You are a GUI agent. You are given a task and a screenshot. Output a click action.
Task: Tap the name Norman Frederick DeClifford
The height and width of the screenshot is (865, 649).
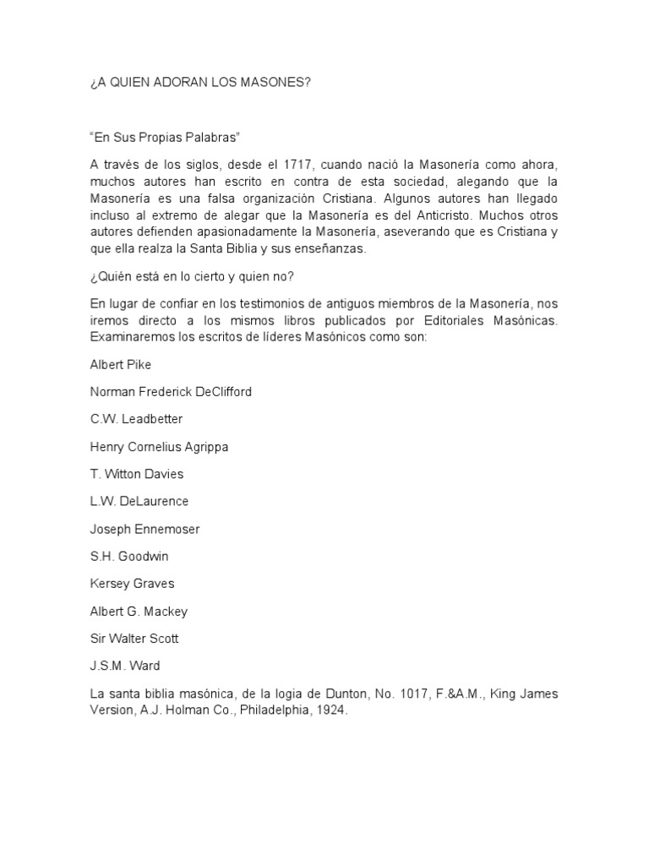click(x=171, y=391)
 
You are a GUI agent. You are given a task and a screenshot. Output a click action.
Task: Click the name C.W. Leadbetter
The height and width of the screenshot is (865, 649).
click(x=136, y=418)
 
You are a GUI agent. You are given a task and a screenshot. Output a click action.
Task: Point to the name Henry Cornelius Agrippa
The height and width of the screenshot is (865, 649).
click(x=159, y=446)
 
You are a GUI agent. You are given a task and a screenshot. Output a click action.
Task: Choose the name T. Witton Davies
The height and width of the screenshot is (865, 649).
click(x=136, y=473)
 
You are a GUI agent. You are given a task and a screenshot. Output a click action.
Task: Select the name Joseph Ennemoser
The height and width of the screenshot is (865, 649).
click(x=145, y=528)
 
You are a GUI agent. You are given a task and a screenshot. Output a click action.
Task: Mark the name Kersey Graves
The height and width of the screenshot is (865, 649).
click(x=132, y=583)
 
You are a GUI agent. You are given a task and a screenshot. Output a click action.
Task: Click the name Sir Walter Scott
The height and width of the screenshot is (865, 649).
click(x=134, y=638)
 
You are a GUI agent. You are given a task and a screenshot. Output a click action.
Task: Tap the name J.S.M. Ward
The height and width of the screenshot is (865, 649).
click(x=125, y=666)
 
